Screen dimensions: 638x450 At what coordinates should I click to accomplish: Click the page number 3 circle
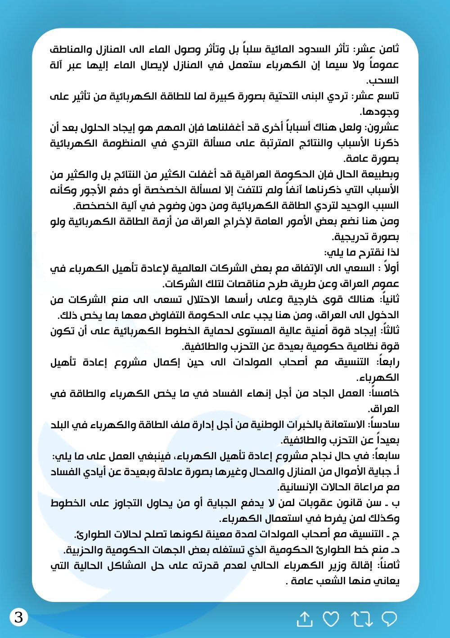coord(19,616)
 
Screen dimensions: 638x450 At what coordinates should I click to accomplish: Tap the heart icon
coord(331,620)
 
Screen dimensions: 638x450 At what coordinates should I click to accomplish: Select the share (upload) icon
coord(305,619)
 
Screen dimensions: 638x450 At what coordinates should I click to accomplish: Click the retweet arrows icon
coord(361,620)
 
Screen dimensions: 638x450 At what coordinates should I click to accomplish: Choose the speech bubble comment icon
coord(389,620)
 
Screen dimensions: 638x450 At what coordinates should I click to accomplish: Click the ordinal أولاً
coord(389,268)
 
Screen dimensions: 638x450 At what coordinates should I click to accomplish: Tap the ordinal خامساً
coord(386,393)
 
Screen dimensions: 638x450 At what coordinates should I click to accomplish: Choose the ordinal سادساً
coord(385,424)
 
